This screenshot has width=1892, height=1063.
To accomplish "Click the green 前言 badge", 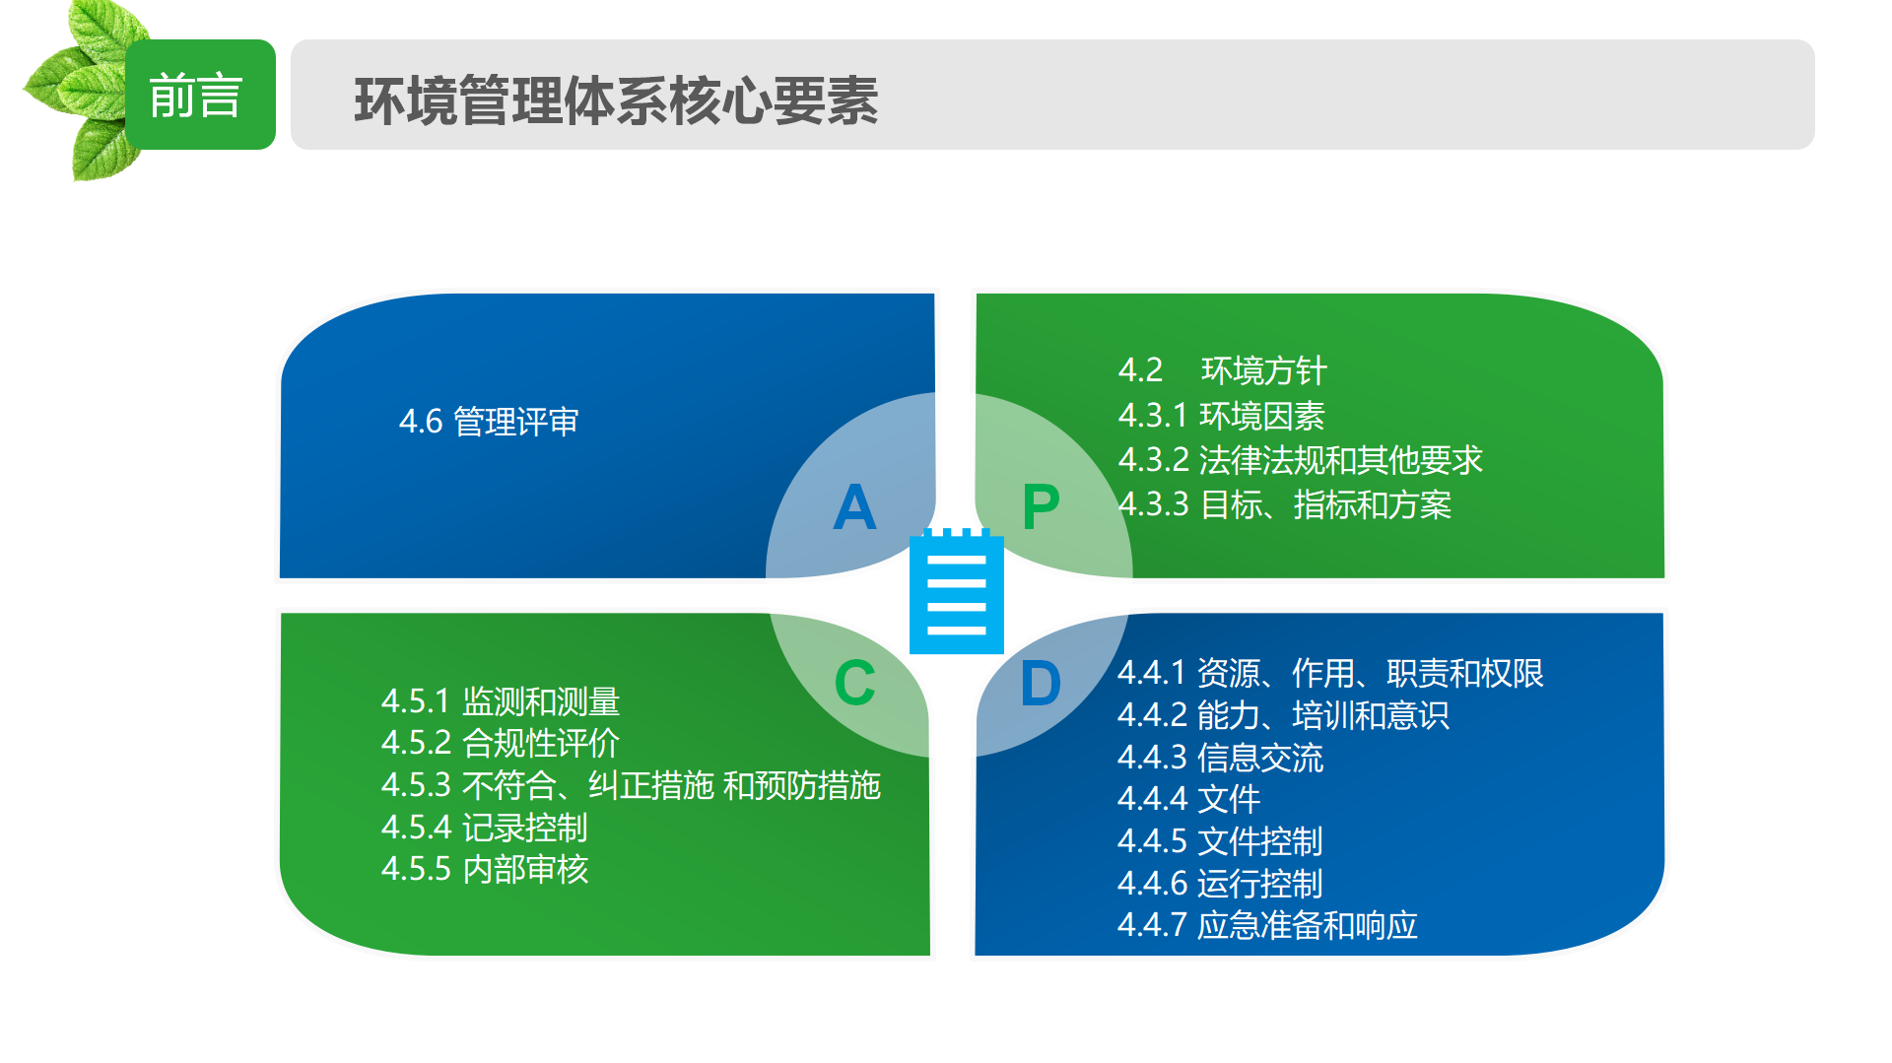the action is (x=200, y=95).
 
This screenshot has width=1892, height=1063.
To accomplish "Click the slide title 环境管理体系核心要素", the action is (x=616, y=100).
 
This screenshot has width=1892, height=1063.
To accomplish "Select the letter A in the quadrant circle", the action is (x=854, y=507).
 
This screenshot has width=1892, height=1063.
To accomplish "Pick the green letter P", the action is (x=1041, y=507).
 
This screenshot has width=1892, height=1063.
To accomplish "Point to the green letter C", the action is (x=854, y=683).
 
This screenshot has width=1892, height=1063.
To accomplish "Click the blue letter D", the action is (x=1041, y=683).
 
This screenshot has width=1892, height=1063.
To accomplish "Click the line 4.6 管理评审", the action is (x=489, y=422).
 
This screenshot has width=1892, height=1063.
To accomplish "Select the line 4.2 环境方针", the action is (x=1223, y=370).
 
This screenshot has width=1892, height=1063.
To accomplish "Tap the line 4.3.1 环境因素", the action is (x=1222, y=416).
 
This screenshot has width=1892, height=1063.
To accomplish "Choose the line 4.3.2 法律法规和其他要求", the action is (x=1301, y=460).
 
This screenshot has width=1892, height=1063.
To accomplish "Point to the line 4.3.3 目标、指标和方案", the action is (x=1285, y=504).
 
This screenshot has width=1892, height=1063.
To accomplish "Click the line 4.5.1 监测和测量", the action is (x=501, y=701).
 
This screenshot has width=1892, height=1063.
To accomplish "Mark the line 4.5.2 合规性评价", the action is (x=501, y=743).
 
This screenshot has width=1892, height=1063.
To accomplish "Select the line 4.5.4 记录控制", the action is (x=485, y=828).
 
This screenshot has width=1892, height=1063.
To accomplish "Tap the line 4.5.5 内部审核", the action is (x=485, y=869).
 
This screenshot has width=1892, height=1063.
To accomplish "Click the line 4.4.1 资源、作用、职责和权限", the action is (x=1330, y=673).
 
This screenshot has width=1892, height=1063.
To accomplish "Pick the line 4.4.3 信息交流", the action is (x=1221, y=758).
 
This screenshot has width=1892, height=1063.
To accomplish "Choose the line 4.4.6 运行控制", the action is (x=1220, y=884).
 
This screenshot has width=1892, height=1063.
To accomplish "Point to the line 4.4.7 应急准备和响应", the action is (x=1267, y=925).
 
